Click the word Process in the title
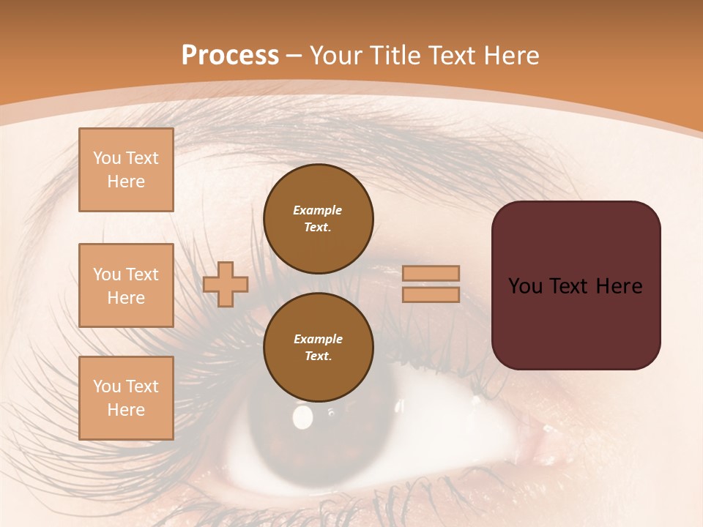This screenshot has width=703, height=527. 230,56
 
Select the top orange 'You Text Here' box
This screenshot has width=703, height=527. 126,170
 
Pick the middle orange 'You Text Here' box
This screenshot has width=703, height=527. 126,285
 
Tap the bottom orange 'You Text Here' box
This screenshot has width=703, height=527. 126,398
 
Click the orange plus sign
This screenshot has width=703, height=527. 226,284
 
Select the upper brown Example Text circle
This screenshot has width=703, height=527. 319,219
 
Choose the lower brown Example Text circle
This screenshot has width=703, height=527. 319,348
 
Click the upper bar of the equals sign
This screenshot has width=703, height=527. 431,273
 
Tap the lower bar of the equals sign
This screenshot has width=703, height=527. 431,295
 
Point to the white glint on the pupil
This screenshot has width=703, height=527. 302,417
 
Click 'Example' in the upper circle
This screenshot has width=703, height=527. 318,210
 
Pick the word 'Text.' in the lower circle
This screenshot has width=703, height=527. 318,356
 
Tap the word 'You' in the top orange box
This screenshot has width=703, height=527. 107,158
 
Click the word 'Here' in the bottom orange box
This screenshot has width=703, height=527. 126,410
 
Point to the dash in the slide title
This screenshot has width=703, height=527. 294,56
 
